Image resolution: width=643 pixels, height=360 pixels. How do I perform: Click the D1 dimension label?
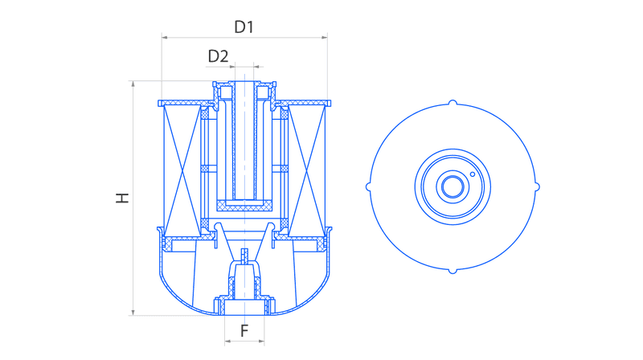(x=244, y=27)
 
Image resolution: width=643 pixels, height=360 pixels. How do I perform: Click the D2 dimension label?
(x=218, y=56)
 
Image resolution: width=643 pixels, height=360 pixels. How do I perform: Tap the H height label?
(x=122, y=198)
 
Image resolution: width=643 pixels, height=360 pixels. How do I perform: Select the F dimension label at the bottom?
(x=244, y=331)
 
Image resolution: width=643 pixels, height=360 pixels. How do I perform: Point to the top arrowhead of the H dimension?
(x=133, y=84)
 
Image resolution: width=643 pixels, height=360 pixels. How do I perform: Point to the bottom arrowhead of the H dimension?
(x=133, y=313)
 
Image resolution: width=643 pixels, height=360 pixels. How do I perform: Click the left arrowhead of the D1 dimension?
(x=165, y=37)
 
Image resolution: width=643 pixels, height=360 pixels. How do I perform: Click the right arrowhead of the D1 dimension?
(x=325, y=37)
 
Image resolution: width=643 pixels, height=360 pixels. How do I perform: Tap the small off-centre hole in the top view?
(x=473, y=174)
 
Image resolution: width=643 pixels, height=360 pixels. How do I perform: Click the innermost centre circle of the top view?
(x=453, y=187)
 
